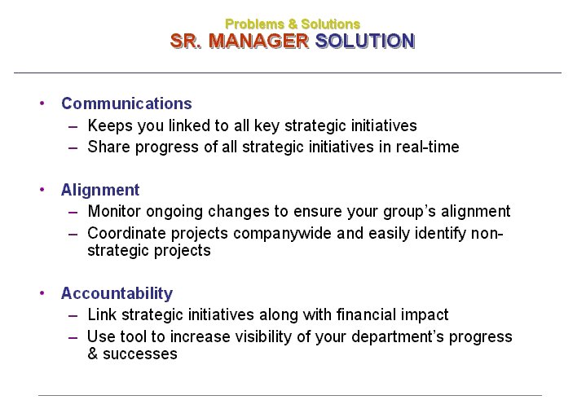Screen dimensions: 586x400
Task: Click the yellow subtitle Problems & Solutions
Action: pos(293,24)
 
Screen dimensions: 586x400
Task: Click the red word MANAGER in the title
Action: pos(258,41)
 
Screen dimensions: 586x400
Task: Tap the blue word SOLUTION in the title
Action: pos(365,41)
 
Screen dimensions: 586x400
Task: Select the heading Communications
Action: pos(126,103)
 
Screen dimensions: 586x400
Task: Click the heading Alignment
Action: pos(100,190)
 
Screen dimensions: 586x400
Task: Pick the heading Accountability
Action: pos(117,293)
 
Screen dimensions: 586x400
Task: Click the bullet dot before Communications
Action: pos(42,103)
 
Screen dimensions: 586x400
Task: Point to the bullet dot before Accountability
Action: pos(42,293)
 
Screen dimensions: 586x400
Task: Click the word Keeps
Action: pos(110,125)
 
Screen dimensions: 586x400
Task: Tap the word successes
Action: pos(139,354)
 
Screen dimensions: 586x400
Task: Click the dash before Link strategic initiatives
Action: pos(73,315)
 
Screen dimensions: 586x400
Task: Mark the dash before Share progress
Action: pos(73,148)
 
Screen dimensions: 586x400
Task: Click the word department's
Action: pos(398,337)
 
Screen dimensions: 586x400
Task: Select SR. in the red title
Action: pos(186,41)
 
